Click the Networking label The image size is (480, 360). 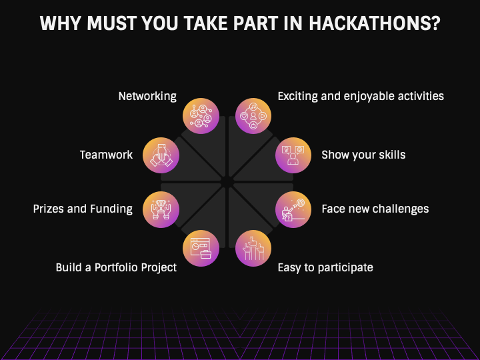147,97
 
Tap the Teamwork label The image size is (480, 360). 106,155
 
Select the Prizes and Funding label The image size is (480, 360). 83,209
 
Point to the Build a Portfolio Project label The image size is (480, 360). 116,267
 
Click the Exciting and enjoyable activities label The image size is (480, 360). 361,97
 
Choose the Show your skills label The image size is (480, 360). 363,155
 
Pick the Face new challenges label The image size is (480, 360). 375,209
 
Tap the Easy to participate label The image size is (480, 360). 325,267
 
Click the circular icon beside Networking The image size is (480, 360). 201,116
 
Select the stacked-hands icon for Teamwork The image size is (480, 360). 161,155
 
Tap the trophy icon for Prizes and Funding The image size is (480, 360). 161,209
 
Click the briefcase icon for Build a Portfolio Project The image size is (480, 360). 201,248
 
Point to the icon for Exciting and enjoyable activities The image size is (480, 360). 253,116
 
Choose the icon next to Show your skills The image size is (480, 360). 293,155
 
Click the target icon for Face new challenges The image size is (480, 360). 293,209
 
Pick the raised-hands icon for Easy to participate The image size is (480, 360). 253,248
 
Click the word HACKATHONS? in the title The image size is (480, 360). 375,23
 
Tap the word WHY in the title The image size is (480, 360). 61,23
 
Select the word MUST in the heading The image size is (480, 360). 112,23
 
